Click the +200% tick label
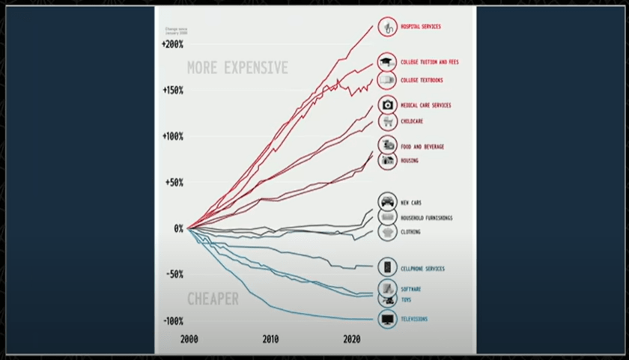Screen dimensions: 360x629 click(172, 45)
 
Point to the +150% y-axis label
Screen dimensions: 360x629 click(172, 91)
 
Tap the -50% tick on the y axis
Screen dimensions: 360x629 click(173, 275)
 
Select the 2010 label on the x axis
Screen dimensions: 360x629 click(270, 340)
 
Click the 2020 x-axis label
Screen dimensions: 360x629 click(352, 340)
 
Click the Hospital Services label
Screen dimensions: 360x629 click(421, 27)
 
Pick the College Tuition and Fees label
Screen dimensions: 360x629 click(429, 62)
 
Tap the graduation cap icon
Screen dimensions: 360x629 click(387, 63)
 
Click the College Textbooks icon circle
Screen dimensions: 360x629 click(387, 80)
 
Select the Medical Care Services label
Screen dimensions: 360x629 click(425, 106)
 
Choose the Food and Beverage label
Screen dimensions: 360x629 click(422, 147)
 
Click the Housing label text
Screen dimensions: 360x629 click(410, 161)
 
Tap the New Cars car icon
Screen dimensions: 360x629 click(387, 202)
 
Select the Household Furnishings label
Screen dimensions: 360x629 click(426, 218)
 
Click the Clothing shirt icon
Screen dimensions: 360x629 click(387, 232)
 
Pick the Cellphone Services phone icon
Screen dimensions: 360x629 click(387, 268)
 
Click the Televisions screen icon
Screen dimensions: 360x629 click(387, 320)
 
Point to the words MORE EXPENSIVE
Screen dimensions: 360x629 click(237, 68)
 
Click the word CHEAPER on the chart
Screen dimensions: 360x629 click(213, 299)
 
